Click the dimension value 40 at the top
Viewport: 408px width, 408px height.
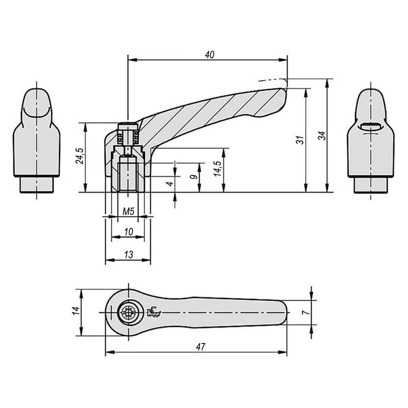point(209,55)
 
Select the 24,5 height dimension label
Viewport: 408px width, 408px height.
point(80,156)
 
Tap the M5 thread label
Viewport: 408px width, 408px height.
point(128,211)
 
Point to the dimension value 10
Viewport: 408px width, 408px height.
point(129,232)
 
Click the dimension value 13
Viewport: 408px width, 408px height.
point(129,255)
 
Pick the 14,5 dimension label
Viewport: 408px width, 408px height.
point(217,169)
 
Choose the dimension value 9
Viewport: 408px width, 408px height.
point(193,177)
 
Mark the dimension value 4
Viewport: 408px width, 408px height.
point(170,184)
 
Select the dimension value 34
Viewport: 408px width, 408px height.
point(322,135)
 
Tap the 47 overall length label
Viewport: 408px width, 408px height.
point(201,347)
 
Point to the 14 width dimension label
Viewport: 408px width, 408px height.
point(76,311)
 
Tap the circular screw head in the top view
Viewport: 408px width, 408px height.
point(129,312)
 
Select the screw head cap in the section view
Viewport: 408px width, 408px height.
point(128,127)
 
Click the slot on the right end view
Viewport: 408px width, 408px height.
point(370,126)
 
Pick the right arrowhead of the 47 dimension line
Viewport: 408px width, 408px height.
point(282,353)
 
